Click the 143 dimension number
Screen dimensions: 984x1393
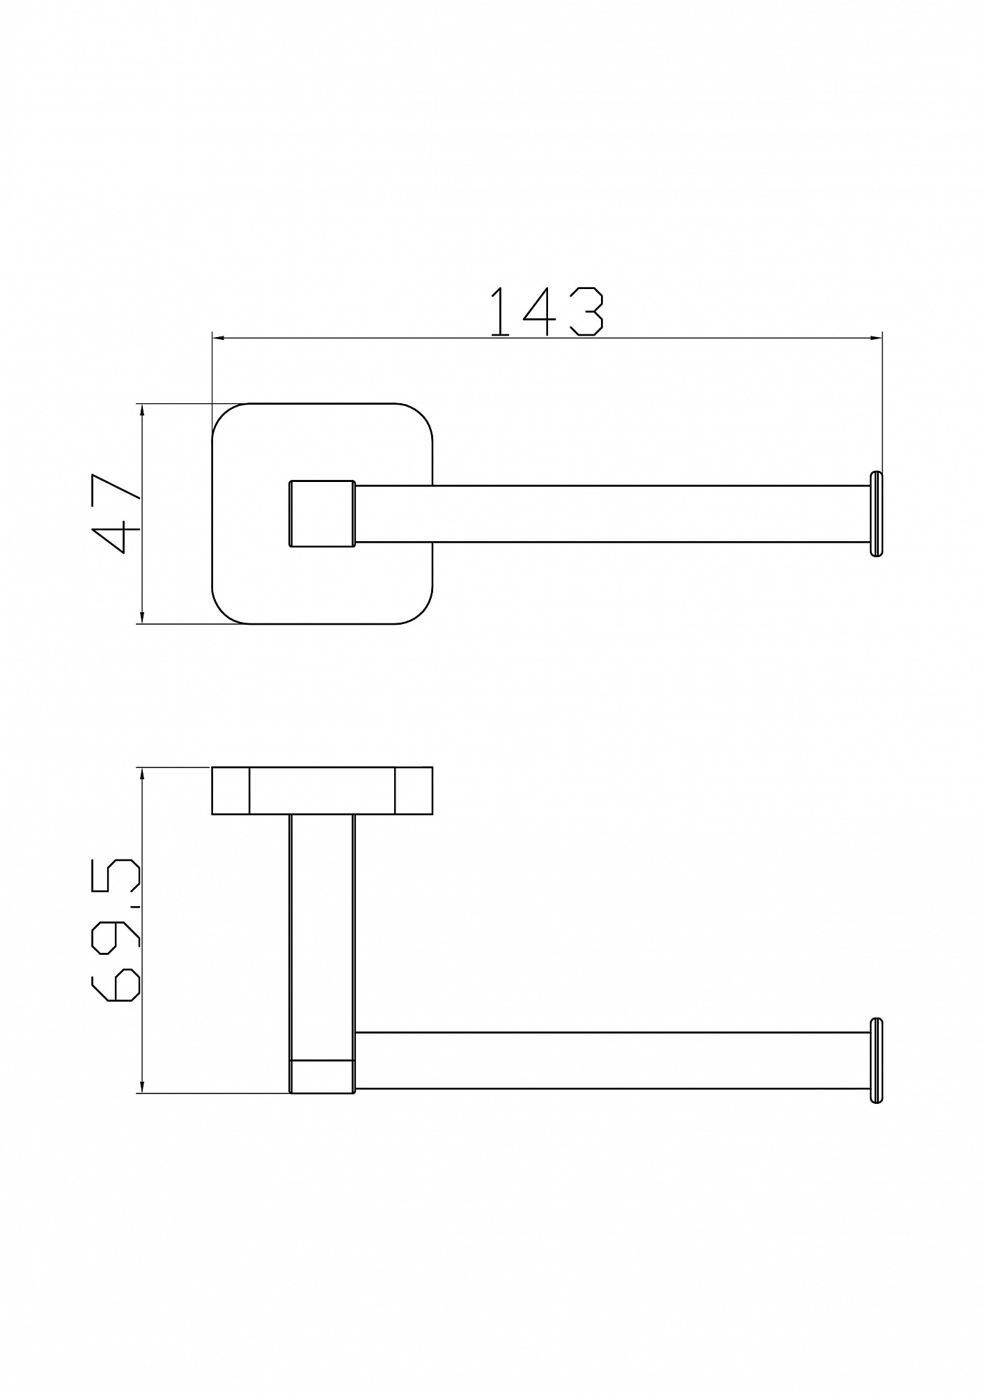point(547,312)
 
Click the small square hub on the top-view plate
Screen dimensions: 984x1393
point(322,513)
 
